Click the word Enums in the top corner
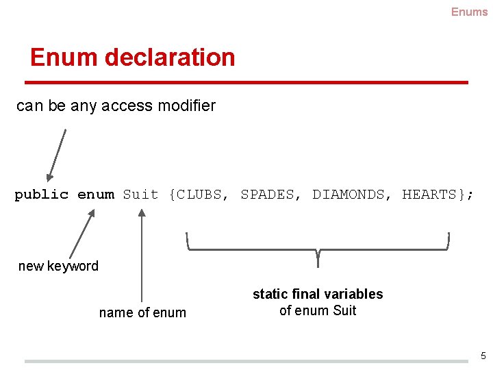tap(469, 12)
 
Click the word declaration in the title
tap(170, 58)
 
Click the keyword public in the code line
tap(42, 195)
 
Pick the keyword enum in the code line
tap(96, 195)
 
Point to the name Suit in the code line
tap(140, 195)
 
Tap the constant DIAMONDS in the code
tap(348, 195)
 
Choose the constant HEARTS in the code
tap(429, 195)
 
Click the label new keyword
tap(58, 266)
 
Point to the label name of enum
tap(142, 312)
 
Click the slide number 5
tap(483, 356)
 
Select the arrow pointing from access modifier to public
tap(56, 155)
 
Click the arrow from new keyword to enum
tap(81, 234)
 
